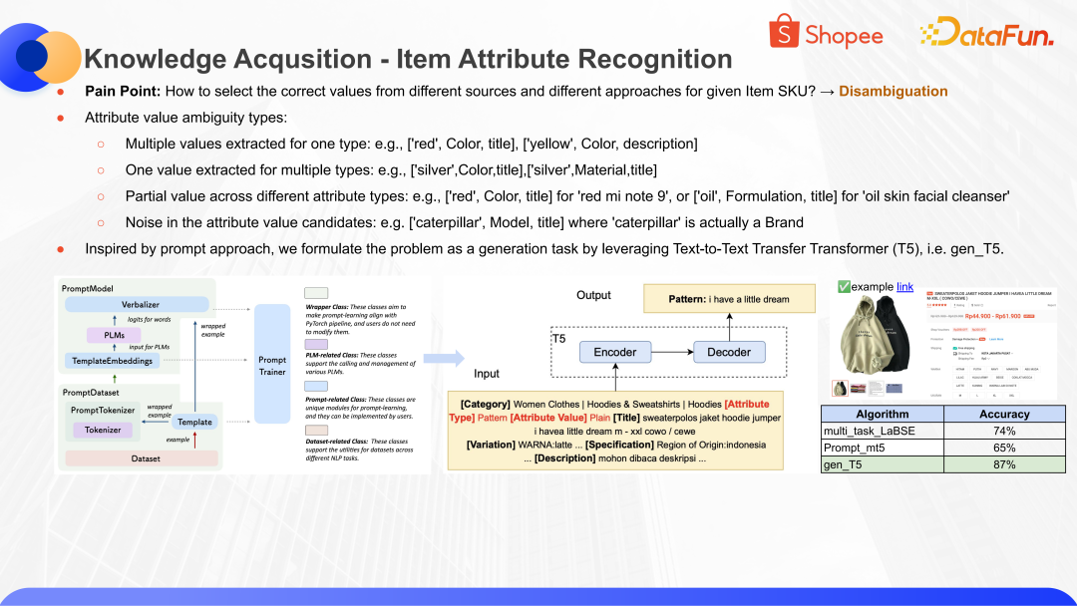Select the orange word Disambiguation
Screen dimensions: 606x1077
(893, 92)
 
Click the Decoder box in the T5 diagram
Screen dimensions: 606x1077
(729, 352)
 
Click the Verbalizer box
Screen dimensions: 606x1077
(141, 304)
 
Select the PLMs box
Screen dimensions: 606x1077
(114, 335)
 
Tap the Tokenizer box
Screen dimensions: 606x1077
(104, 430)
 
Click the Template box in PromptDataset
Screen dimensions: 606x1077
(194, 422)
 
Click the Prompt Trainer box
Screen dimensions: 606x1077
(272, 365)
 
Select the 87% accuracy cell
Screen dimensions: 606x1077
(1003, 465)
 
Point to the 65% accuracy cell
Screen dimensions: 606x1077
(1003, 449)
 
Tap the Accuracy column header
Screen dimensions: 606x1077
(1003, 414)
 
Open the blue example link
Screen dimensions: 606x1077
(904, 286)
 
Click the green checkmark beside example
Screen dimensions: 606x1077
(844, 286)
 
